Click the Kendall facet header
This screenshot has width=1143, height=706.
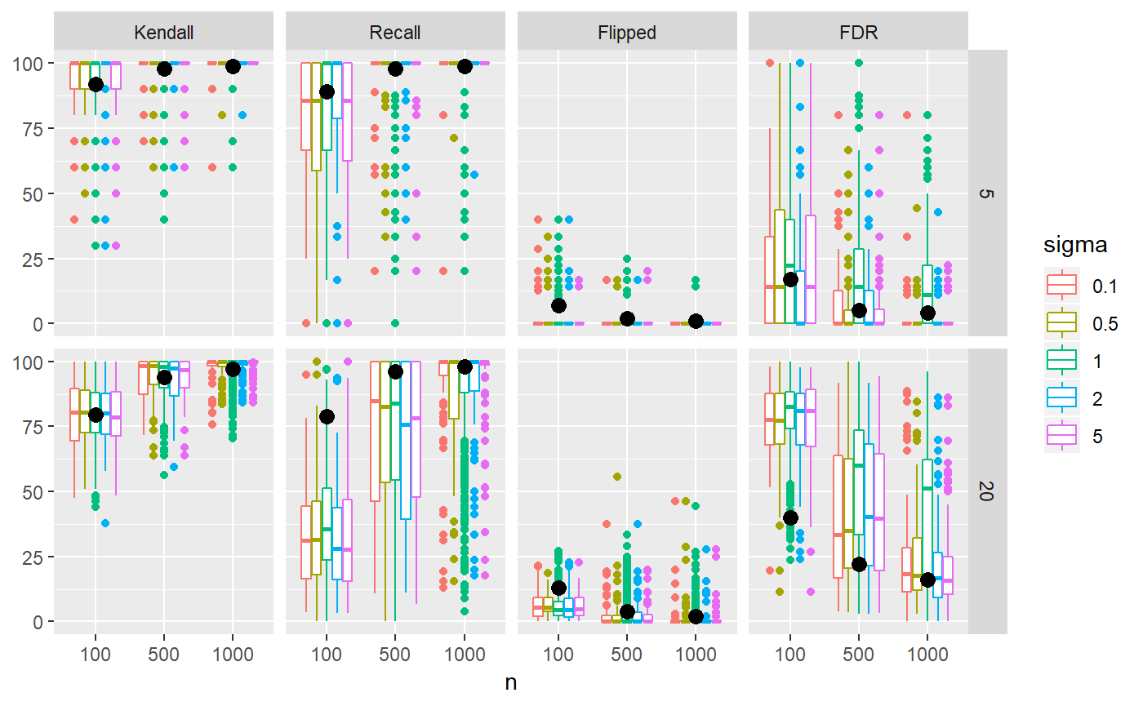pyautogui.click(x=163, y=33)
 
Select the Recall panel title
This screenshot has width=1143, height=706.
pyautogui.click(x=395, y=33)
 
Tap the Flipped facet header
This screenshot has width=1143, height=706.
pyautogui.click(x=627, y=33)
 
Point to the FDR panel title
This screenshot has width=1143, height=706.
pyautogui.click(x=858, y=33)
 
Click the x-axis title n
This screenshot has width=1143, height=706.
pyautogui.click(x=511, y=683)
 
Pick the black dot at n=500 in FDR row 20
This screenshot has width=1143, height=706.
pyautogui.click(x=859, y=564)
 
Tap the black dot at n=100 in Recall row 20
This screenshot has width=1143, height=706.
pyautogui.click(x=327, y=416)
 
